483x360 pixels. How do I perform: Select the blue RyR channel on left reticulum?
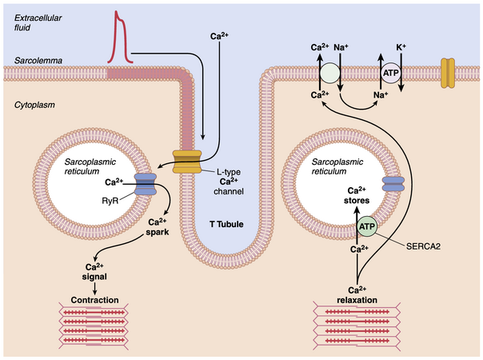(x=146, y=186)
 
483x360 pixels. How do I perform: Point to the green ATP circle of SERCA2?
(x=367, y=228)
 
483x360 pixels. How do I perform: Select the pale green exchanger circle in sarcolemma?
(x=331, y=74)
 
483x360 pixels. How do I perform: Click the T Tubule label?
(x=217, y=224)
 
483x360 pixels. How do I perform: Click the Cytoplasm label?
(x=33, y=104)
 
